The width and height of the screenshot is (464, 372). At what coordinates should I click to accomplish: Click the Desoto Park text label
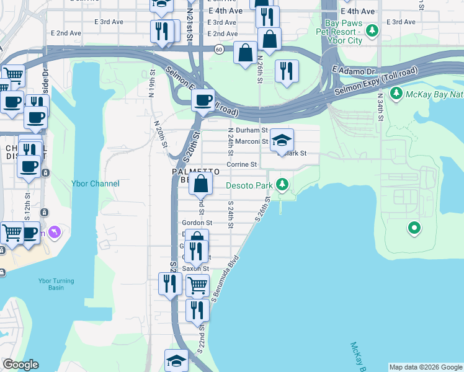(249, 185)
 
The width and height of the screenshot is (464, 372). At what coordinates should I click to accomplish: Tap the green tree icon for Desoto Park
(282, 184)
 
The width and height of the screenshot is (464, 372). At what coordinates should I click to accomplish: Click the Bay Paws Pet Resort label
(339, 35)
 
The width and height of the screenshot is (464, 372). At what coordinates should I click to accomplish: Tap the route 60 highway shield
(219, 48)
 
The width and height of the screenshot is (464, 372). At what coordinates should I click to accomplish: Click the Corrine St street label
(241, 164)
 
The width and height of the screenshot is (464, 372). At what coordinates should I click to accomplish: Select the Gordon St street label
(197, 223)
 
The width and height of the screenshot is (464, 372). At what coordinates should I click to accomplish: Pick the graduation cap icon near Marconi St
(282, 139)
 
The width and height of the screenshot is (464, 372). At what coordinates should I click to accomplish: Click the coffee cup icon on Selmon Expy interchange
(203, 100)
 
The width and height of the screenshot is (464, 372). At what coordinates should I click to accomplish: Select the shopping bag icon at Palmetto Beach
(201, 184)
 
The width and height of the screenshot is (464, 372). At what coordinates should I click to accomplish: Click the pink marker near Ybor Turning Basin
(56, 232)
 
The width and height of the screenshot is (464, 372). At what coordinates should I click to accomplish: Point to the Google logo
(20, 365)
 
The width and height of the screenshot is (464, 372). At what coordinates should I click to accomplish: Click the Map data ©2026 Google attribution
(426, 367)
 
